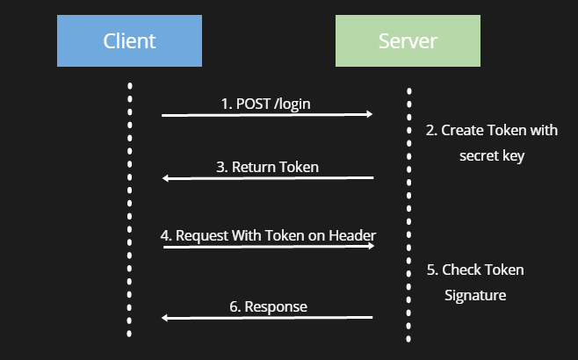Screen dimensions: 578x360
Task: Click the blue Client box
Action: pos(129,41)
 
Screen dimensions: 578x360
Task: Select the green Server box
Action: pos(408,41)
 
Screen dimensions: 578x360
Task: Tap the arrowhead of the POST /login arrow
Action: pos(370,114)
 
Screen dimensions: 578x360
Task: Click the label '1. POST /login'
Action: pos(266,104)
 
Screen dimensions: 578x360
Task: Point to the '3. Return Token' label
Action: pos(268,167)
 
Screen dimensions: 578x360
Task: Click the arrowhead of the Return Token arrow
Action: pos(166,178)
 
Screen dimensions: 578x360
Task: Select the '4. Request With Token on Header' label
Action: pos(269,235)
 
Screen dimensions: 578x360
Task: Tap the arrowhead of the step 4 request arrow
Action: pos(371,246)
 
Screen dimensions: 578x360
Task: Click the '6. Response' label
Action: pos(269,306)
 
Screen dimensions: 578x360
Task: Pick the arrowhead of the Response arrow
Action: pos(165,318)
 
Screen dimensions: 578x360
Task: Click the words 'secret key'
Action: pos(492,155)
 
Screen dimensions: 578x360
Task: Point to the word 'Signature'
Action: pos(475,296)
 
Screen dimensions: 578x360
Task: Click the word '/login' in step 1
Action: pos(293,104)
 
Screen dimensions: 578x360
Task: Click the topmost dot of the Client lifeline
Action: pos(130,86)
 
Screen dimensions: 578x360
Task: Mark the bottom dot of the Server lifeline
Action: pos(408,339)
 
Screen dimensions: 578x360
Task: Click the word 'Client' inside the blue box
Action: pos(129,41)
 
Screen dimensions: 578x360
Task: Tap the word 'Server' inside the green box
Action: pos(408,41)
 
